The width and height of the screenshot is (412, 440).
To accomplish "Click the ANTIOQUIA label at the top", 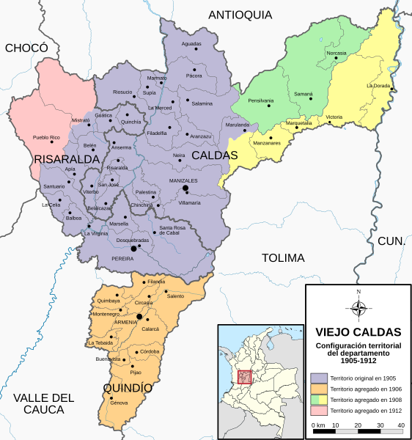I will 240,15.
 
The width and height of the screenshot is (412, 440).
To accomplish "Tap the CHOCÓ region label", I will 26,48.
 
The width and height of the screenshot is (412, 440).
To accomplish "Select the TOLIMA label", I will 283,257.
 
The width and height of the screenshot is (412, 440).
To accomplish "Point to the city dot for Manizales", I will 185,189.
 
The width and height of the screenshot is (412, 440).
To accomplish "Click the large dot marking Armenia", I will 139,317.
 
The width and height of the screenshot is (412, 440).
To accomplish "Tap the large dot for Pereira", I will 133,249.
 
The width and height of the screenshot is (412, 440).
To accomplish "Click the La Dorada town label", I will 378,86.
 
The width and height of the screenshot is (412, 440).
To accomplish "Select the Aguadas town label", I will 191,44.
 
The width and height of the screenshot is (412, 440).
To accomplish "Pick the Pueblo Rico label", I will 46,137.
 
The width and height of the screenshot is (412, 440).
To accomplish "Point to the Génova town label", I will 119,403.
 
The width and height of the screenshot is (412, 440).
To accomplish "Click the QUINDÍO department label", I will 128,387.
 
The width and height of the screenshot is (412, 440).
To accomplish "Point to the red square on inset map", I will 245,377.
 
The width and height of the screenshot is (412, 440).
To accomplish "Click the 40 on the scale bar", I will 401,425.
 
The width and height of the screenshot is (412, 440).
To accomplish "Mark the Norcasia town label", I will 336,54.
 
